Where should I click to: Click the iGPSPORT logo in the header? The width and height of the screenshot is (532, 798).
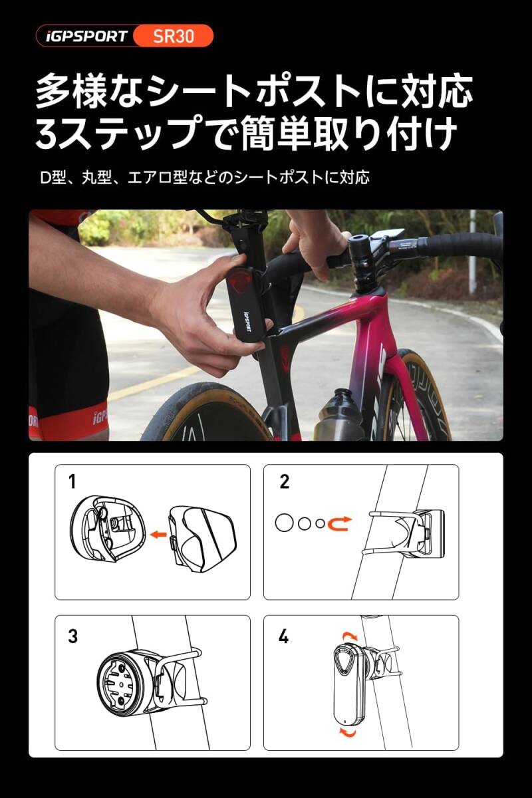[x=86, y=36]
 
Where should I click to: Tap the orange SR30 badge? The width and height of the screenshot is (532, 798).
[x=174, y=36]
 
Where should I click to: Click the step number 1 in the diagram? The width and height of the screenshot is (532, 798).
[x=72, y=482]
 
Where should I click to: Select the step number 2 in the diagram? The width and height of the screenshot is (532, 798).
[x=285, y=482]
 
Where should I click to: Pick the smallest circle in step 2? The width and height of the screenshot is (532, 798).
[x=321, y=523]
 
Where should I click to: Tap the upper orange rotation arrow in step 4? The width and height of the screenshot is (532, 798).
[x=351, y=636]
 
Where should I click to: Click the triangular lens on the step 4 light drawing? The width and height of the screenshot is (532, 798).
[x=344, y=659]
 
